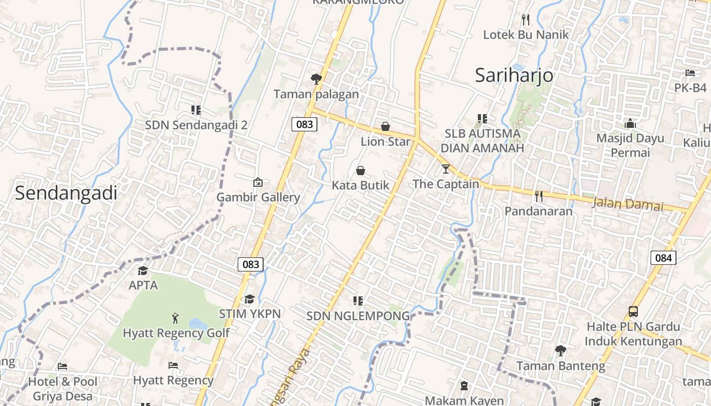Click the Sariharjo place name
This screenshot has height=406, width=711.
tap(514, 75)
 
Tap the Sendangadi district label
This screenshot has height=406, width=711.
tap(66, 193)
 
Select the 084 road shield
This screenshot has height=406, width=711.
tap(663, 257)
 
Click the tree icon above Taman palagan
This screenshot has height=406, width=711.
tap(316, 79)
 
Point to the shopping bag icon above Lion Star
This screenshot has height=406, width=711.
tap(385, 126)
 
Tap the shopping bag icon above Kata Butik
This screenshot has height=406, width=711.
tap(361, 170)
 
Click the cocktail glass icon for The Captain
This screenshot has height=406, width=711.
tap(446, 168)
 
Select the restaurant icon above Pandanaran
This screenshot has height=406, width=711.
tap(539, 196)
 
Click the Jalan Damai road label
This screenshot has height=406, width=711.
tap(628, 204)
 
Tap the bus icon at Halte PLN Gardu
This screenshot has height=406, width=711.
tap(633, 311)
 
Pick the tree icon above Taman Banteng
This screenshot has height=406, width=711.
tap(561, 350)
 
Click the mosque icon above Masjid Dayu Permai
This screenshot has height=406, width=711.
tap(630, 123)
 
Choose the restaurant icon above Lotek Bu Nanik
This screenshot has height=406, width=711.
tap(526, 20)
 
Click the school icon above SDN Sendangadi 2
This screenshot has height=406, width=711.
tap(196, 110)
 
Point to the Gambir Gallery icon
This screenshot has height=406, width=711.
tap(258, 182)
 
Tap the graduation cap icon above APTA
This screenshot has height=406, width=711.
tap(143, 270)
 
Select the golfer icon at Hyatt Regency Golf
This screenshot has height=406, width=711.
tap(176, 318)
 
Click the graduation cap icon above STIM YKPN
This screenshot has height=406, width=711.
tap(249, 299)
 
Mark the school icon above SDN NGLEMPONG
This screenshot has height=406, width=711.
tap(358, 301)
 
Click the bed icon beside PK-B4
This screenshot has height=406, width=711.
tap(690, 73)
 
